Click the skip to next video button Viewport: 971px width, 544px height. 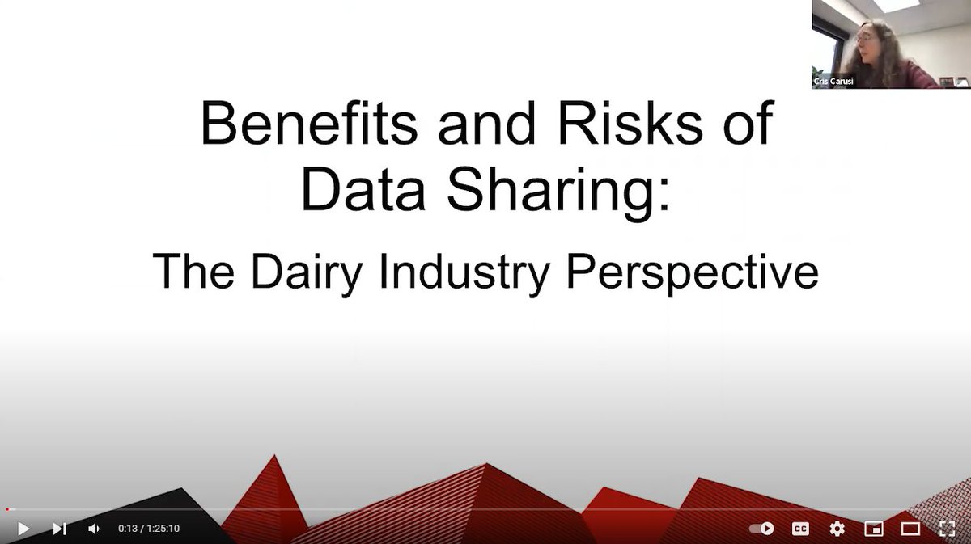[59, 529]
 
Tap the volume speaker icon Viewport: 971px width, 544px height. [94, 529]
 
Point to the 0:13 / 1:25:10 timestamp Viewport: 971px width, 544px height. [149, 529]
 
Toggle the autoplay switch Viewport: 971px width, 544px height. [761, 529]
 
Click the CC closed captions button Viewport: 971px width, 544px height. [800, 529]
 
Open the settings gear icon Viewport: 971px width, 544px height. [837, 529]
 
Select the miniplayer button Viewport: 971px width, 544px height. [874, 529]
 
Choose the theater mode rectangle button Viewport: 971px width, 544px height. [910, 529]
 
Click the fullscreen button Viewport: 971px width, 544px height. [947, 529]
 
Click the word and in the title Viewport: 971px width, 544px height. [477, 125]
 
